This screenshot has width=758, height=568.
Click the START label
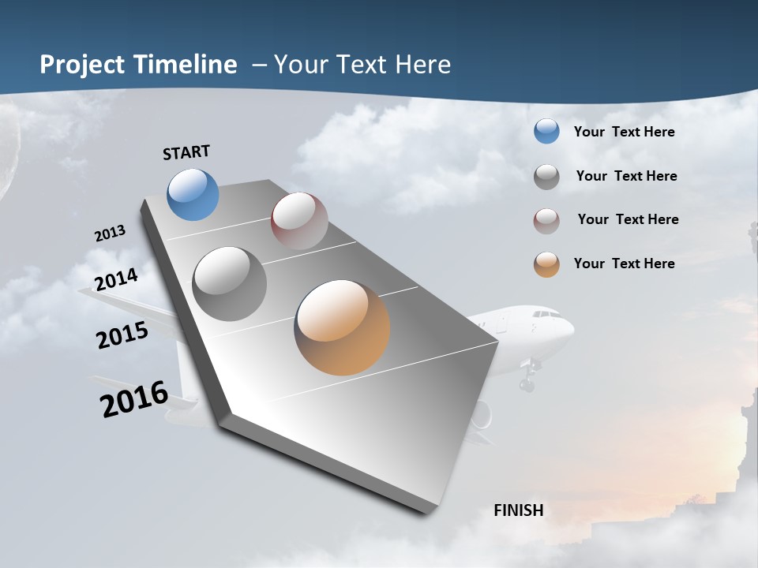pos(186,152)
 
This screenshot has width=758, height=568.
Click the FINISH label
pos(518,510)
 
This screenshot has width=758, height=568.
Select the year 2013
pos(110,234)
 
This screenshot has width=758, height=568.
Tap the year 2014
pos(117,279)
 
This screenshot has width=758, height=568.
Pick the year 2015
pos(122,335)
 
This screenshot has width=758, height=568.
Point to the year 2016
pos(134,398)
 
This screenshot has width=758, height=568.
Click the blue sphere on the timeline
pos(193,194)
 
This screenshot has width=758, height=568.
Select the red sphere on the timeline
pos(299,221)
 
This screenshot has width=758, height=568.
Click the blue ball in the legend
pos(546,132)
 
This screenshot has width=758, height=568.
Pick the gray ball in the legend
pos(546,177)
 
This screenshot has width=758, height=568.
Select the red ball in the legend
pos(546,221)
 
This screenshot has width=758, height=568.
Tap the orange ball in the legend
pos(546,264)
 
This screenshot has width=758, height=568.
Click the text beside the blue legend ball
pos(624,132)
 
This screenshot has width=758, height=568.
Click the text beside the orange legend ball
pos(624,263)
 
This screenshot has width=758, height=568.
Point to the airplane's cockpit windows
pos(546,315)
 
